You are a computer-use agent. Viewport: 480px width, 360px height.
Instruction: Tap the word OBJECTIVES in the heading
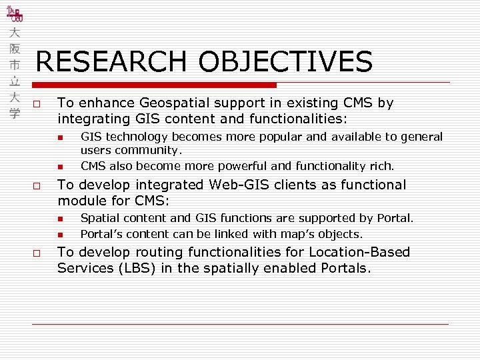285,62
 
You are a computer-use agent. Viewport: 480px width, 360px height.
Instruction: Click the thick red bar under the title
154,85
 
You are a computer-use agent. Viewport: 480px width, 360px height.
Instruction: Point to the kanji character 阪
15,49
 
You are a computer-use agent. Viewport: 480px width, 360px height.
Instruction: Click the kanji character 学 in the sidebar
15,113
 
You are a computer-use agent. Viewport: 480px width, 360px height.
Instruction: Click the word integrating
91,119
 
